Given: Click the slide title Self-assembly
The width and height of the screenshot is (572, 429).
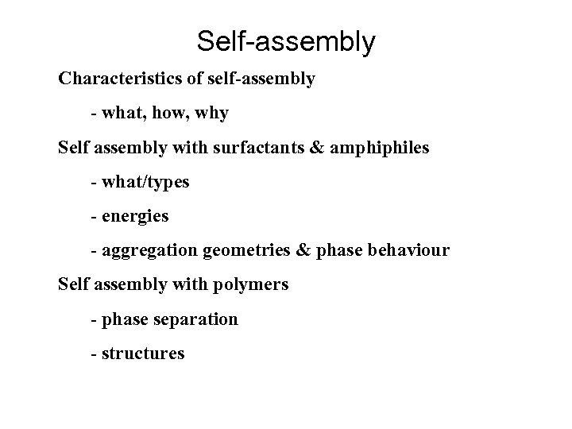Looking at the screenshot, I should pyautogui.click(x=285, y=41).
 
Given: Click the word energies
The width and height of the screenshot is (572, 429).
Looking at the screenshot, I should pyautogui.click(x=135, y=216).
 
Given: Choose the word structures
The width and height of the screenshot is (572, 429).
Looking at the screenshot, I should pyautogui.click(x=142, y=354).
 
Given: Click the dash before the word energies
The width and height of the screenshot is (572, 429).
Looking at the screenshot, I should pyautogui.click(x=94, y=216).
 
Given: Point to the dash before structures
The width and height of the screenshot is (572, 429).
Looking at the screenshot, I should pyautogui.click(x=94, y=354).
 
